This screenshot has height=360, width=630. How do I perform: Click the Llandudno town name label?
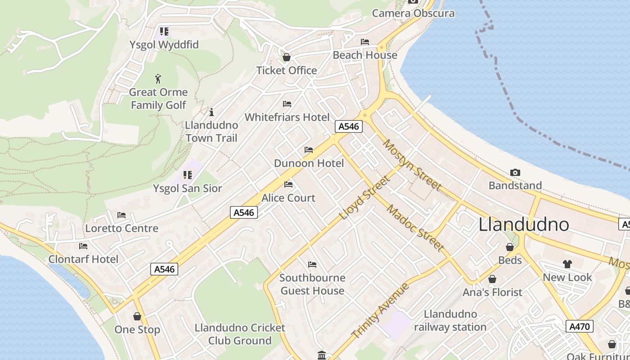coord(523,224)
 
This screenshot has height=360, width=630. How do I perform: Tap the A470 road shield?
coord(579,326)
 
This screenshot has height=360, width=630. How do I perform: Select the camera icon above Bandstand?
coord(515,172)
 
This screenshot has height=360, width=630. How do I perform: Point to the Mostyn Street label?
coord(412,165)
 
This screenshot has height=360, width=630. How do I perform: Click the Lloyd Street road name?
coord(364,198)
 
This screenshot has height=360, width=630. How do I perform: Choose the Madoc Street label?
coord(415,228)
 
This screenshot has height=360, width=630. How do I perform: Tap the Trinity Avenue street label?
coord(380,311)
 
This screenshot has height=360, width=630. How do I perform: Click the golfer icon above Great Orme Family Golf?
coord(158,79)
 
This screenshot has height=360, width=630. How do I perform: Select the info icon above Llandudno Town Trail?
coord(211,112)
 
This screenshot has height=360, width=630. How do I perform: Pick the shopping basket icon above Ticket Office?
coord(287,58)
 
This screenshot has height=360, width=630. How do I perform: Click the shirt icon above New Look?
coord(567,264)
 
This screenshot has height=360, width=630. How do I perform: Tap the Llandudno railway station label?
coord(450,320)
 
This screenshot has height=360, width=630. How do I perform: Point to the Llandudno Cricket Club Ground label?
coord(240,334)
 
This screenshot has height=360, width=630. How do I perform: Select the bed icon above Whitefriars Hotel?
coord(287,104)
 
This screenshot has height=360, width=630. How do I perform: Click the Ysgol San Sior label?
coord(188,188)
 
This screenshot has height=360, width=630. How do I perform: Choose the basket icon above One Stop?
coord(137,317)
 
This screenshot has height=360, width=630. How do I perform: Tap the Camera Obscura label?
coord(413,13)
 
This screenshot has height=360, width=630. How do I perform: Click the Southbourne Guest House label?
coord(312,284)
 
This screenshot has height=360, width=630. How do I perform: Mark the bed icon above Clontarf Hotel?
coord(83,246)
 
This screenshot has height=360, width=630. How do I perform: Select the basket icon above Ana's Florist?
coord(492,279)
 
